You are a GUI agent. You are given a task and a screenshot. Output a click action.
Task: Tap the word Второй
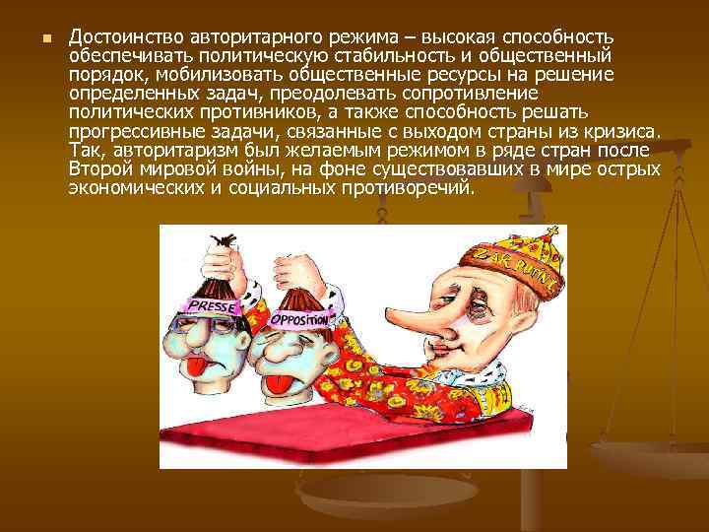pyautogui.click(x=101, y=168)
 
